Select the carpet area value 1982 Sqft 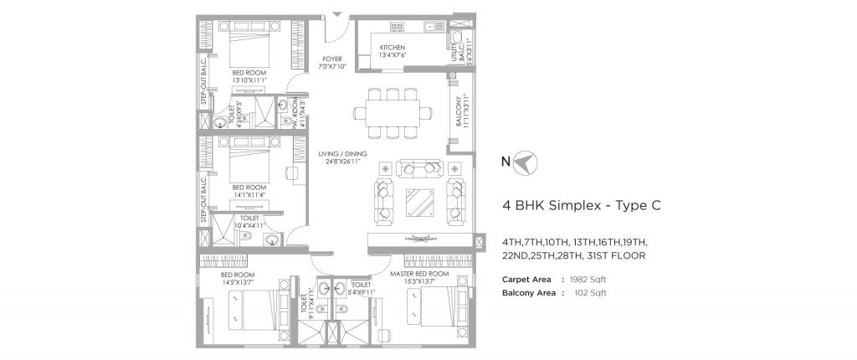pos(583,279)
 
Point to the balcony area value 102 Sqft pos(585,293)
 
